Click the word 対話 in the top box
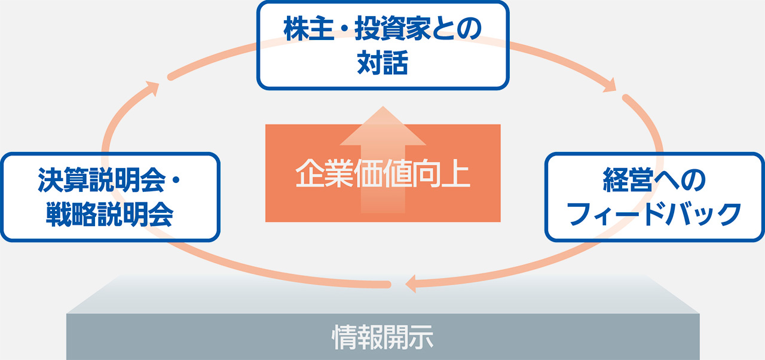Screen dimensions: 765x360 coord(382,62)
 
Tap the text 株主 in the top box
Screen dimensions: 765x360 coord(309,29)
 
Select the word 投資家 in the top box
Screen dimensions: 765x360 coord(393,29)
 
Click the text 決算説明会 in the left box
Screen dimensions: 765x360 coord(102,180)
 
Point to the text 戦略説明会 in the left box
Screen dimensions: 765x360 coord(109,215)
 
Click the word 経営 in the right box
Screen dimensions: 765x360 coord(628,179)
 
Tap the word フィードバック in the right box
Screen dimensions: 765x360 coord(654,214)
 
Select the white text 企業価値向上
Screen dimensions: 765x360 coord(383,173)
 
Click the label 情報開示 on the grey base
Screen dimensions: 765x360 coord(383,337)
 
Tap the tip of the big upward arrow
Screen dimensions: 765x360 coord(383,106)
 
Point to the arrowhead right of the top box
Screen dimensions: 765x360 coord(610,86)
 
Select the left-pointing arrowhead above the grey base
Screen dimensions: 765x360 coord(411,283)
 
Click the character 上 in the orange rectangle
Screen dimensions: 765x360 coord(456,173)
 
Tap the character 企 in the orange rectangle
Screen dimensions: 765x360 coord(310,173)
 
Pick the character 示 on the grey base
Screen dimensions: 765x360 coord(421,337)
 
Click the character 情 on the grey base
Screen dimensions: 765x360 coord(344,337)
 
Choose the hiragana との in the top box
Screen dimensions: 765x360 coord(457,29)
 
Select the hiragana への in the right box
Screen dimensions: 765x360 coord(680,180)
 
